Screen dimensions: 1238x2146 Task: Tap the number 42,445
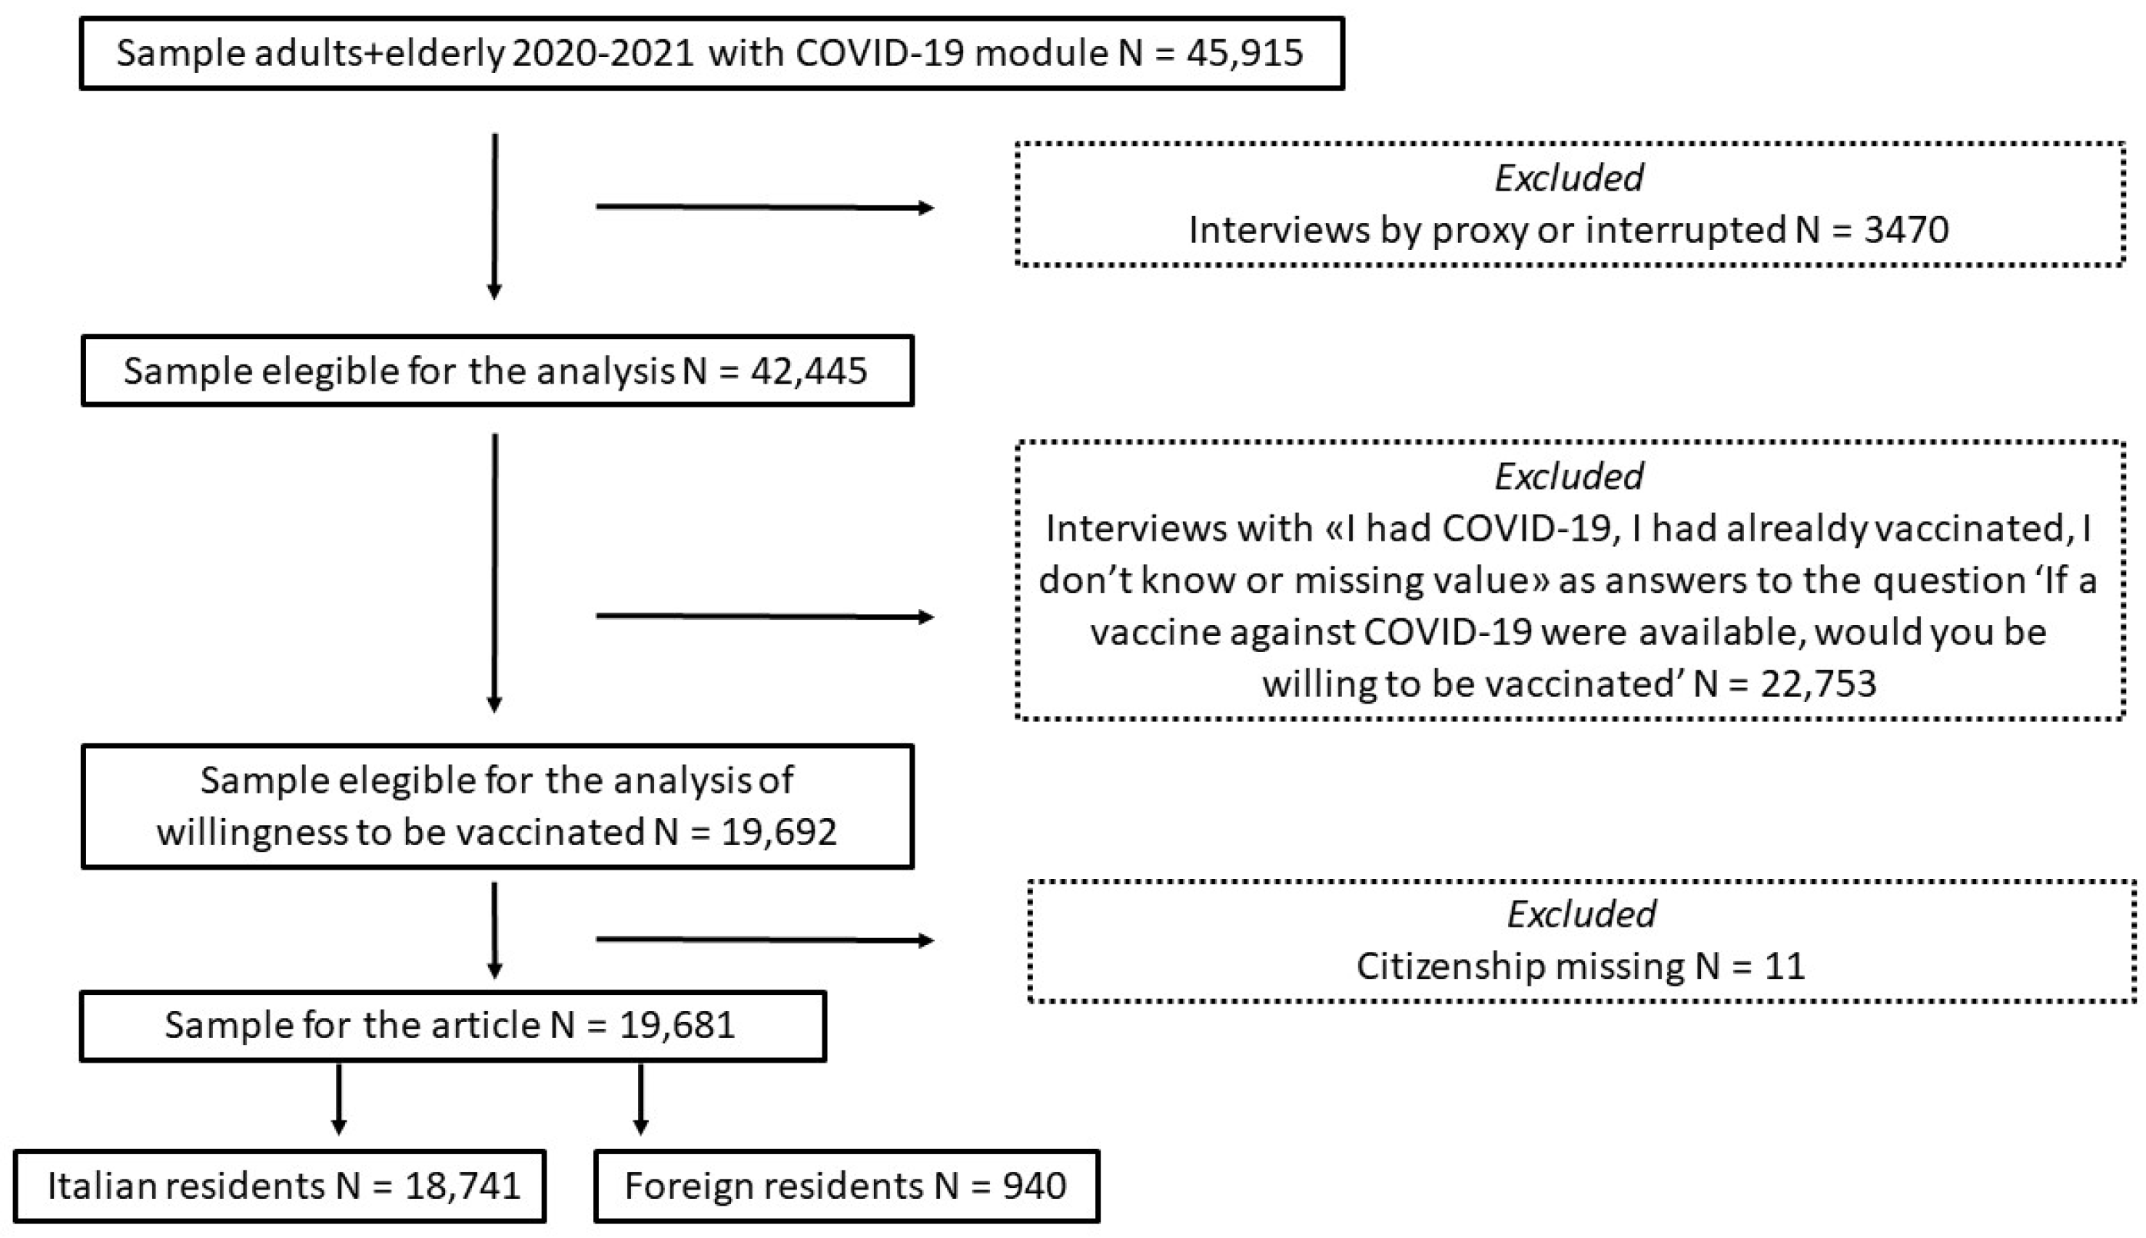click(809, 371)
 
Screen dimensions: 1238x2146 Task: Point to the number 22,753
click(1818, 684)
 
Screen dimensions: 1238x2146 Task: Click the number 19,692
click(779, 831)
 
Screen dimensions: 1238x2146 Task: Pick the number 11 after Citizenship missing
click(1784, 967)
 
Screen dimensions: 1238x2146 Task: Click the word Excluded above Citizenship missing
click(1581, 914)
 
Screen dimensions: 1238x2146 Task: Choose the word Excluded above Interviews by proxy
click(1568, 178)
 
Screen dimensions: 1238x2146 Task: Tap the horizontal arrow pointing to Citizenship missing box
click(764, 940)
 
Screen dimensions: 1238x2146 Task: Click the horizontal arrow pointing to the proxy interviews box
click(764, 207)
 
